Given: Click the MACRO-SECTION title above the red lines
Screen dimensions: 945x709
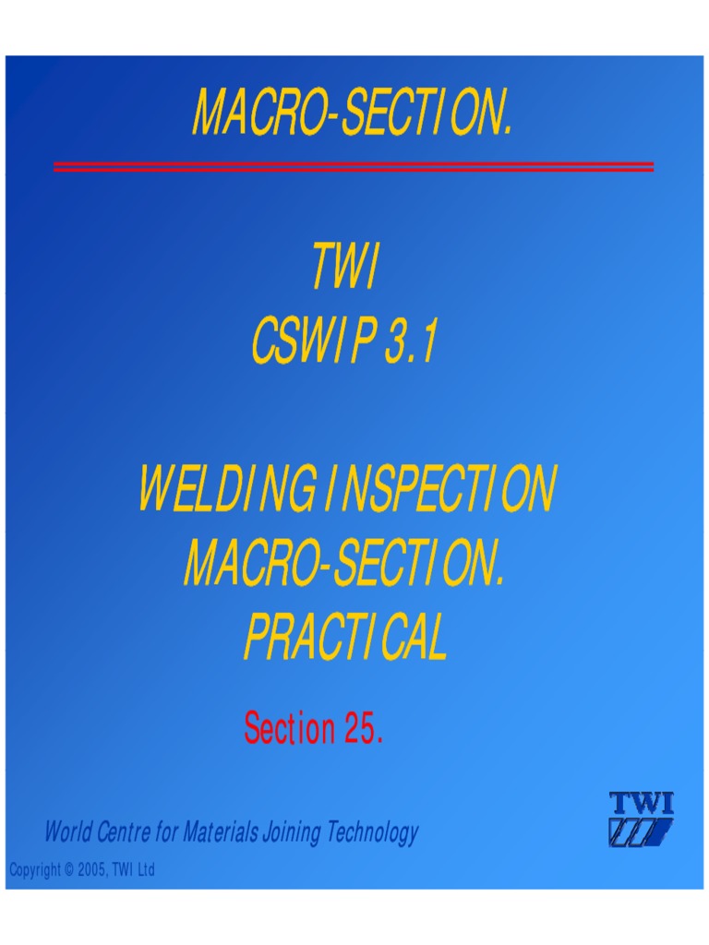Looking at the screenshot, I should point(352,114).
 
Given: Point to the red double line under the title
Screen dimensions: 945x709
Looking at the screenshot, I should point(354,167).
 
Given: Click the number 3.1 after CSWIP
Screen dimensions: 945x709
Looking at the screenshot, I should point(410,344).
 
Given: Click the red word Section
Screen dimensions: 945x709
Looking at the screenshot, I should point(289,729).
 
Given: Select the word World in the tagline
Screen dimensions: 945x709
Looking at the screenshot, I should point(67,833).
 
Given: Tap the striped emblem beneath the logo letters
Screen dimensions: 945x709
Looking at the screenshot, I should point(641,832).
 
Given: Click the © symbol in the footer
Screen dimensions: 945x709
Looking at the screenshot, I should point(57,870).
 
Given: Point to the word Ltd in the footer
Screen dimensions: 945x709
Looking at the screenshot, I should point(146,870).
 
